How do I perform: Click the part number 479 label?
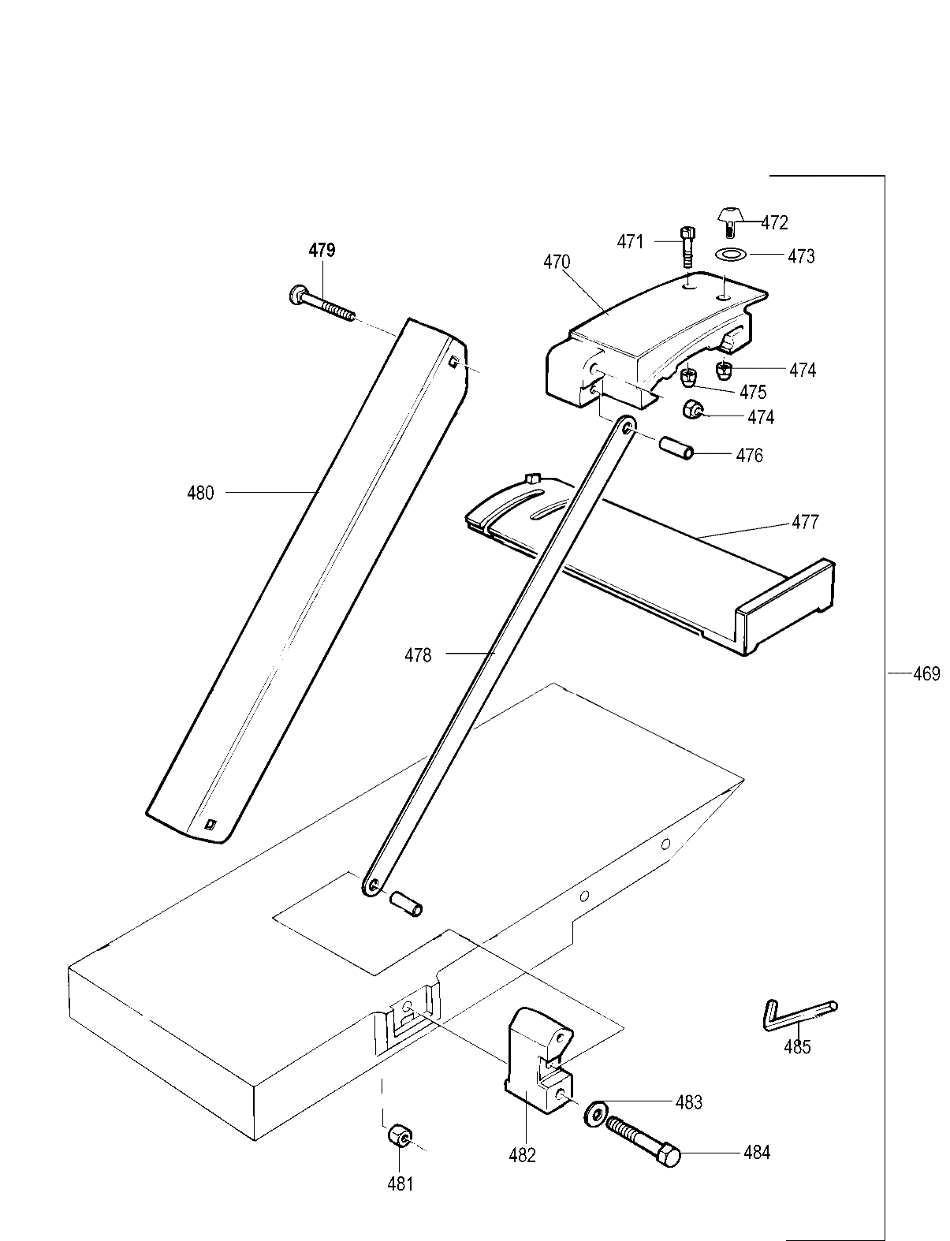click(322, 251)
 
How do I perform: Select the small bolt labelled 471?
click(687, 245)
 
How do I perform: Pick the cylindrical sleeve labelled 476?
click(677, 449)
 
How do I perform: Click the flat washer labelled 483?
click(594, 1112)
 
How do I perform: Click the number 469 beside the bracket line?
click(926, 674)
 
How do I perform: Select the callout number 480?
click(200, 494)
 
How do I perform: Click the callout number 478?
click(418, 654)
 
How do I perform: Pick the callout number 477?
click(805, 522)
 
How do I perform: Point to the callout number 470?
click(557, 262)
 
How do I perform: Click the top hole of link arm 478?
click(628, 427)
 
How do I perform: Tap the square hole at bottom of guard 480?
click(210, 825)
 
